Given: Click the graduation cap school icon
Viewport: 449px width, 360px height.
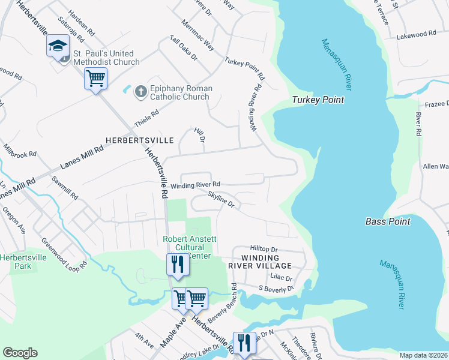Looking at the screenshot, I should pos(58,47).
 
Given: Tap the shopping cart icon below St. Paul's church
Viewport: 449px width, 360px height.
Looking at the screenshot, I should pos(96,78).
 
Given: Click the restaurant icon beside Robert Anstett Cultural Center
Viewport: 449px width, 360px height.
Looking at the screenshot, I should pos(177,264).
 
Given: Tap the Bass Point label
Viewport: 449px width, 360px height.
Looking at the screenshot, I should pos(388,221).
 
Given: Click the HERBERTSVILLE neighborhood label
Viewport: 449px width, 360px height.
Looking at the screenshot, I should pos(139,140).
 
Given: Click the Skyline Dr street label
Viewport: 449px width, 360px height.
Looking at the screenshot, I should pos(220,199).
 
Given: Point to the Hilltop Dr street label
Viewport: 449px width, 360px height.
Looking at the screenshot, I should pos(264,249).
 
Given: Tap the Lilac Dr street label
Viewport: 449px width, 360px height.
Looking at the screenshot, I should pos(280,278).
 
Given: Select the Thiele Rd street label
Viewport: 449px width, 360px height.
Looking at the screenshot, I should pos(146,117).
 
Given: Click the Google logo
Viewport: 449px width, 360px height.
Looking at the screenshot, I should pos(20,353).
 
